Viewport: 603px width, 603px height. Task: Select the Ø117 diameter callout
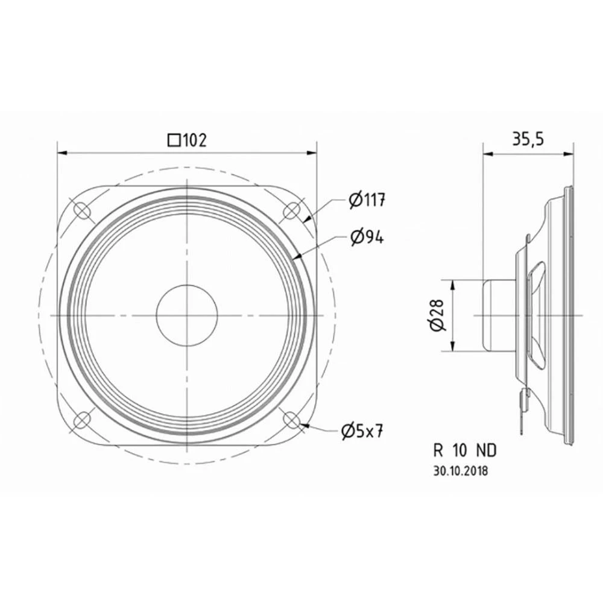point(366,200)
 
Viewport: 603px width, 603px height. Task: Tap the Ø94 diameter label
point(366,238)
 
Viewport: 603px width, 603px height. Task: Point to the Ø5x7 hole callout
point(362,431)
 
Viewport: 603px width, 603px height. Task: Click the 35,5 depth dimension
point(528,139)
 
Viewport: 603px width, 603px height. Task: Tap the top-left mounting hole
point(81,210)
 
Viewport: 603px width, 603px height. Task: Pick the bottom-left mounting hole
point(81,420)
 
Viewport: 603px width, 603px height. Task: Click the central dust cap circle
point(187,315)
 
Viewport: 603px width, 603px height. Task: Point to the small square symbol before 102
point(174,140)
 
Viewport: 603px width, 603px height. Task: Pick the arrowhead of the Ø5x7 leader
point(306,426)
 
